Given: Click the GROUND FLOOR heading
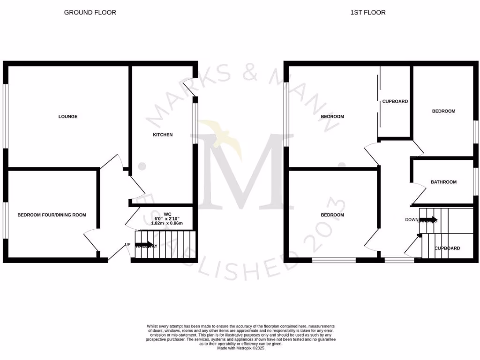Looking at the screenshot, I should [x=90, y=13].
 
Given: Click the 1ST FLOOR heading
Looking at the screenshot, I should [x=368, y=13].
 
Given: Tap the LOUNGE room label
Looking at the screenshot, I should [x=67, y=116].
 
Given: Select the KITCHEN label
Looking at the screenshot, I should [x=163, y=135].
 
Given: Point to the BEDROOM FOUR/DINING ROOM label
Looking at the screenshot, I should [x=52, y=215].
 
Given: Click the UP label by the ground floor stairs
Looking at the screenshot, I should [x=127, y=244].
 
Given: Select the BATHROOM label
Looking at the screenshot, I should [x=443, y=182].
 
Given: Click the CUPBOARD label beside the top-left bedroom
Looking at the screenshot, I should [x=395, y=101].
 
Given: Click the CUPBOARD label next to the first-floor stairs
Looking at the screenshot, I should [x=447, y=248].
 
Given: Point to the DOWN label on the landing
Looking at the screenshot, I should [x=412, y=219].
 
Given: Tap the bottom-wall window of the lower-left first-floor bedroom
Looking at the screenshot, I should [x=334, y=259].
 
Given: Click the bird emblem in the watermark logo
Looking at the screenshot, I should [x=220, y=136].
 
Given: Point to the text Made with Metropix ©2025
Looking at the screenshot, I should [x=240, y=347].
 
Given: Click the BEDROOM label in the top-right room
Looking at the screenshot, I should [x=443, y=111].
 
